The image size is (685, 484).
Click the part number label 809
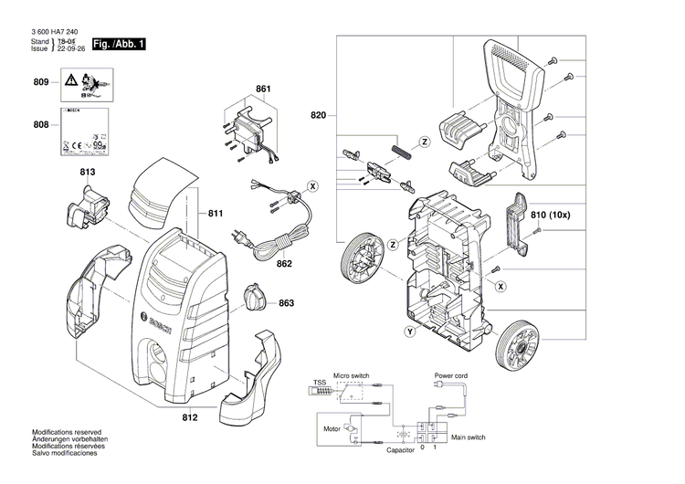click(x=40, y=83)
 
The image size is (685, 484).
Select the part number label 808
click(x=40, y=125)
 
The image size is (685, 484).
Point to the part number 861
click(x=263, y=89)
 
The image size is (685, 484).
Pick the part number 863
click(x=286, y=302)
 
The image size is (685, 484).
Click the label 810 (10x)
click(x=551, y=216)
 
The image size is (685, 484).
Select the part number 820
click(x=318, y=115)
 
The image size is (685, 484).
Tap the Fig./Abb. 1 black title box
click(x=120, y=44)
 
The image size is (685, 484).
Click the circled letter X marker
click(x=313, y=186)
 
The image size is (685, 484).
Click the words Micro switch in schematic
click(x=353, y=375)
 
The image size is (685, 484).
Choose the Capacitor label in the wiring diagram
click(x=400, y=450)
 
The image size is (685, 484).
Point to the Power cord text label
click(x=450, y=375)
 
